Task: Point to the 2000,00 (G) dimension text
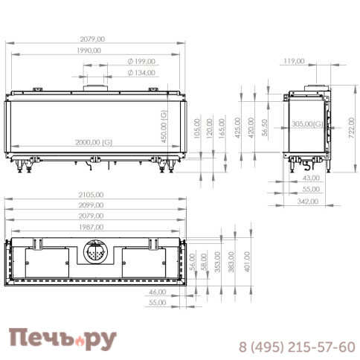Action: pos(93,142)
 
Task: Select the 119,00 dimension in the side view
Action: pos(295,62)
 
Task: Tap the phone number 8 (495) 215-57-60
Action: pos(296,347)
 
